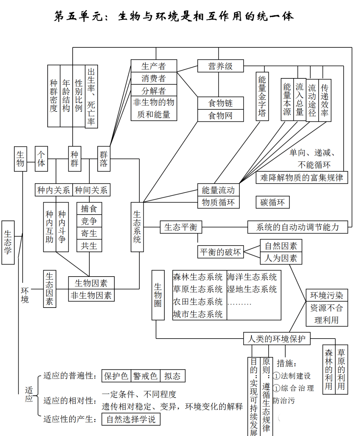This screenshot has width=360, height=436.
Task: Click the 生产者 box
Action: (154, 66)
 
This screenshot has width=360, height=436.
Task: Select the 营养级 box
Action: (220, 66)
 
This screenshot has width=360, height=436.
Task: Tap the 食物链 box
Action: (220, 103)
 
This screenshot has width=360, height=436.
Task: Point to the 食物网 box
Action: (220, 115)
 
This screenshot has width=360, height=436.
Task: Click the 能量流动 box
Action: (218, 190)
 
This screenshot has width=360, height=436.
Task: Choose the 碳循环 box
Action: (273, 202)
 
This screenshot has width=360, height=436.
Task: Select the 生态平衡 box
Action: (181, 227)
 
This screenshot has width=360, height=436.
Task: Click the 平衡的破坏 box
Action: (220, 252)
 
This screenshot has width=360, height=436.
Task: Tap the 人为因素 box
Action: (281, 258)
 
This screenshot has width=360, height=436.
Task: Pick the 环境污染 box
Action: (327, 295)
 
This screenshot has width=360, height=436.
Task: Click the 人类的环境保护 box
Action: (277, 339)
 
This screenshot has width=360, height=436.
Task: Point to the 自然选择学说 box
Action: (131, 419)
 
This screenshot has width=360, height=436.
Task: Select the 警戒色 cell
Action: (145, 376)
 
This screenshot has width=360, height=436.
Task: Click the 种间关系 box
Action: (91, 190)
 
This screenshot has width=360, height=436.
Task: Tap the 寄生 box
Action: (89, 234)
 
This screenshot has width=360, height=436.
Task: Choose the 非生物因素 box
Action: (91, 295)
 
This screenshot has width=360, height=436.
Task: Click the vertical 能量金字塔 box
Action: (262, 96)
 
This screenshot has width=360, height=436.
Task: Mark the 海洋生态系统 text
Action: (252, 277)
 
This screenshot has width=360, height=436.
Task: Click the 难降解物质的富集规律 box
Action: (302, 177)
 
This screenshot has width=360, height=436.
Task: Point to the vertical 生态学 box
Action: (8, 243)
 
